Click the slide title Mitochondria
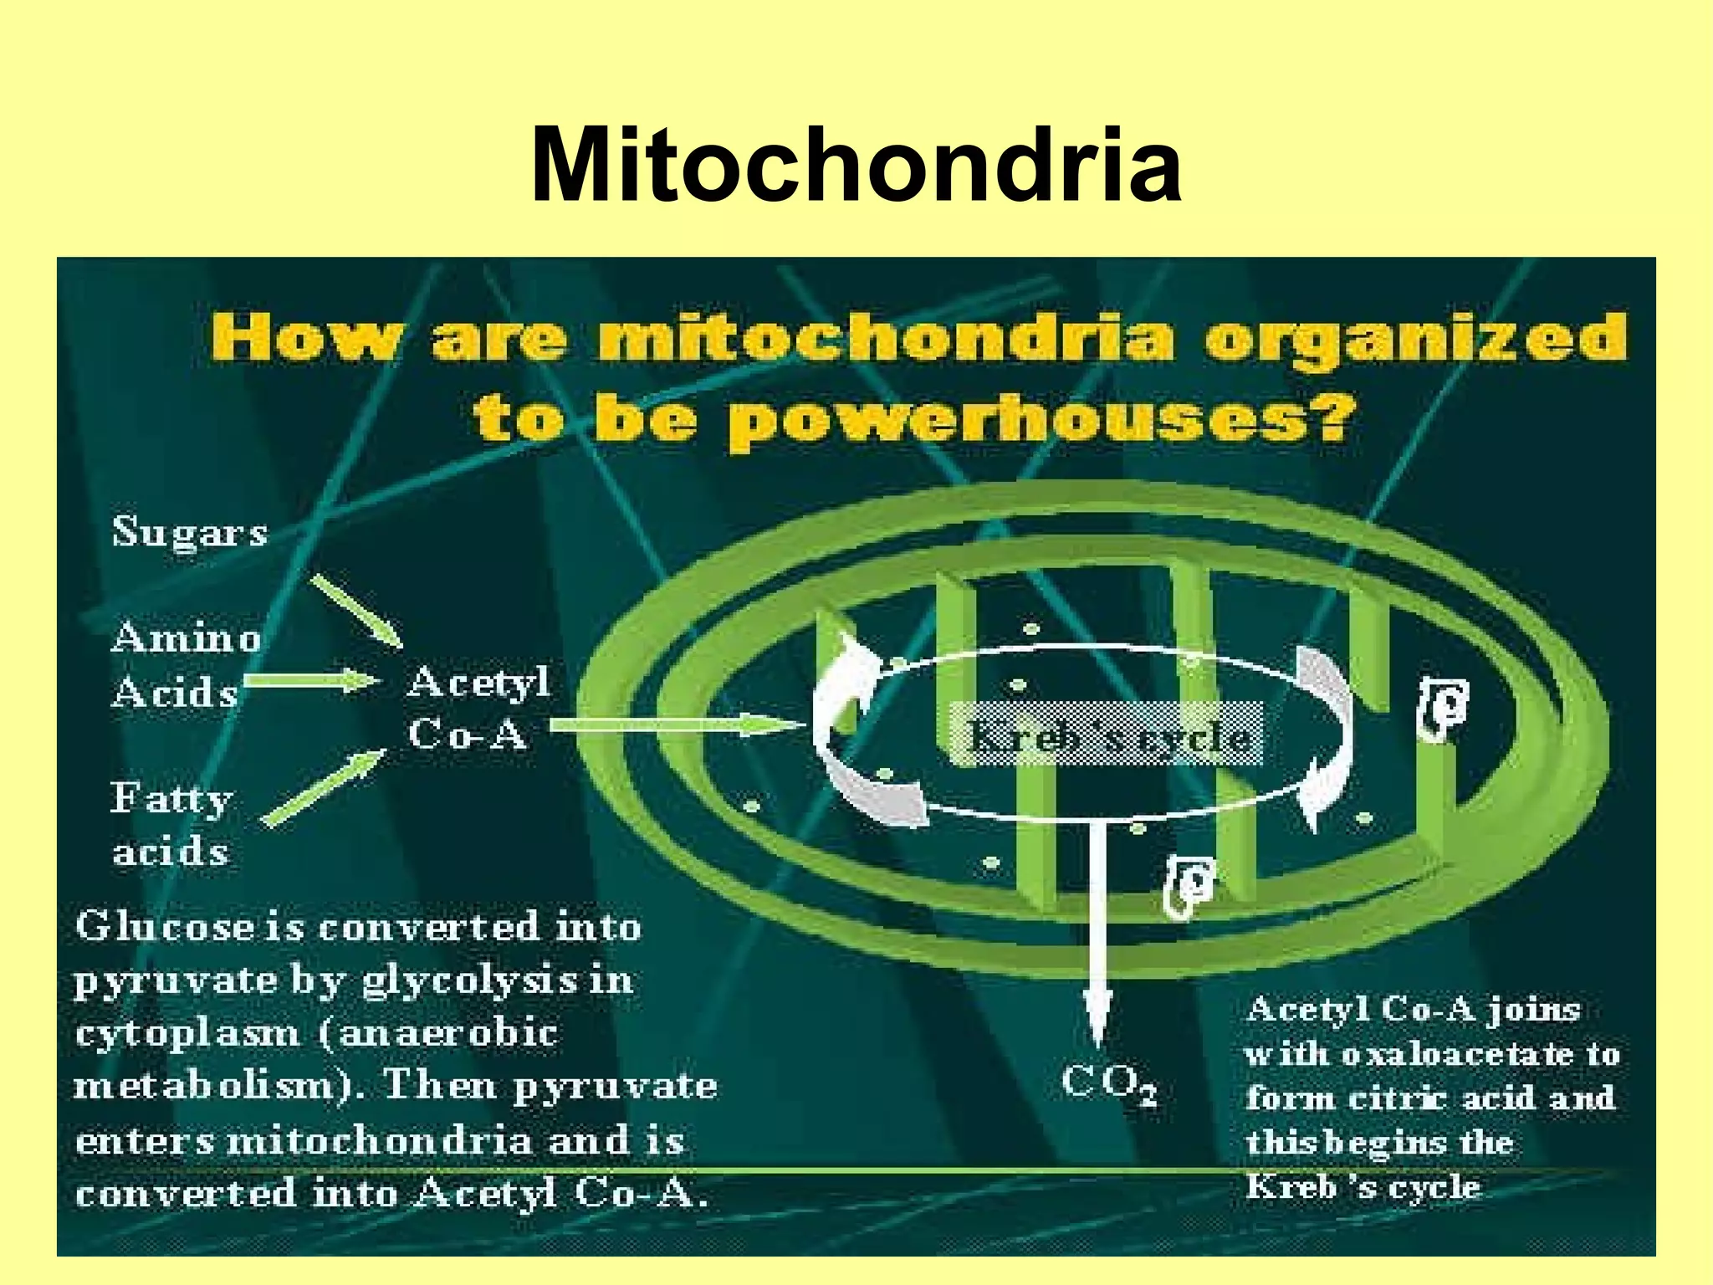856,166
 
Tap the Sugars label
190,532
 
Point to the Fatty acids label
171,825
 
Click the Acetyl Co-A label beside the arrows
478,708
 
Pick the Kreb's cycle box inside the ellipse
1106,735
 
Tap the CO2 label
1109,1085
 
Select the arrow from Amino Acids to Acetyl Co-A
311,680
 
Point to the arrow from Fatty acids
325,786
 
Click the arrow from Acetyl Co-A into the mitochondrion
673,724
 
